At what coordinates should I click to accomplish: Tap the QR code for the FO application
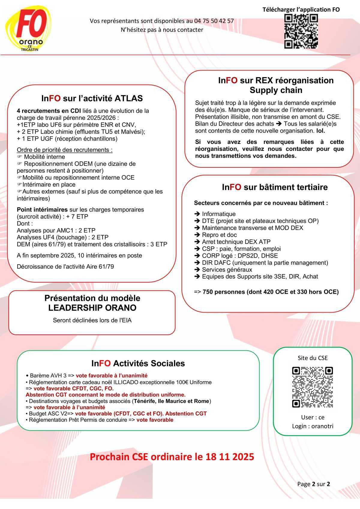tap(301, 31)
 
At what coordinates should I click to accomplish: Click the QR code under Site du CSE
tap(313, 387)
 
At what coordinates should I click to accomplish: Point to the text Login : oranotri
tap(313, 426)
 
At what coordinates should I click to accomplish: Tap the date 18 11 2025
tap(230, 457)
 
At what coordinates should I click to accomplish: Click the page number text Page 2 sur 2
tap(313, 484)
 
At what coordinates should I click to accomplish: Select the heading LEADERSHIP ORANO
tap(92, 308)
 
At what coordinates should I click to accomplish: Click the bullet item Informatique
tap(219, 214)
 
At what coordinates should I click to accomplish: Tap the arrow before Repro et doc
tap(197, 235)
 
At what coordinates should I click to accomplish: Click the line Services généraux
tap(227, 270)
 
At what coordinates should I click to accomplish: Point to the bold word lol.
tap(320, 131)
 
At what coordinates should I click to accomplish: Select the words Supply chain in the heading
tap(276, 90)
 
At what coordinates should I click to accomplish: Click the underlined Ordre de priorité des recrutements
tap(64, 150)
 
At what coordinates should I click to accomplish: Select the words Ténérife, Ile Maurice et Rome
tap(171, 401)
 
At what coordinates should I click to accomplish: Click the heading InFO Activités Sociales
tap(138, 364)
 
